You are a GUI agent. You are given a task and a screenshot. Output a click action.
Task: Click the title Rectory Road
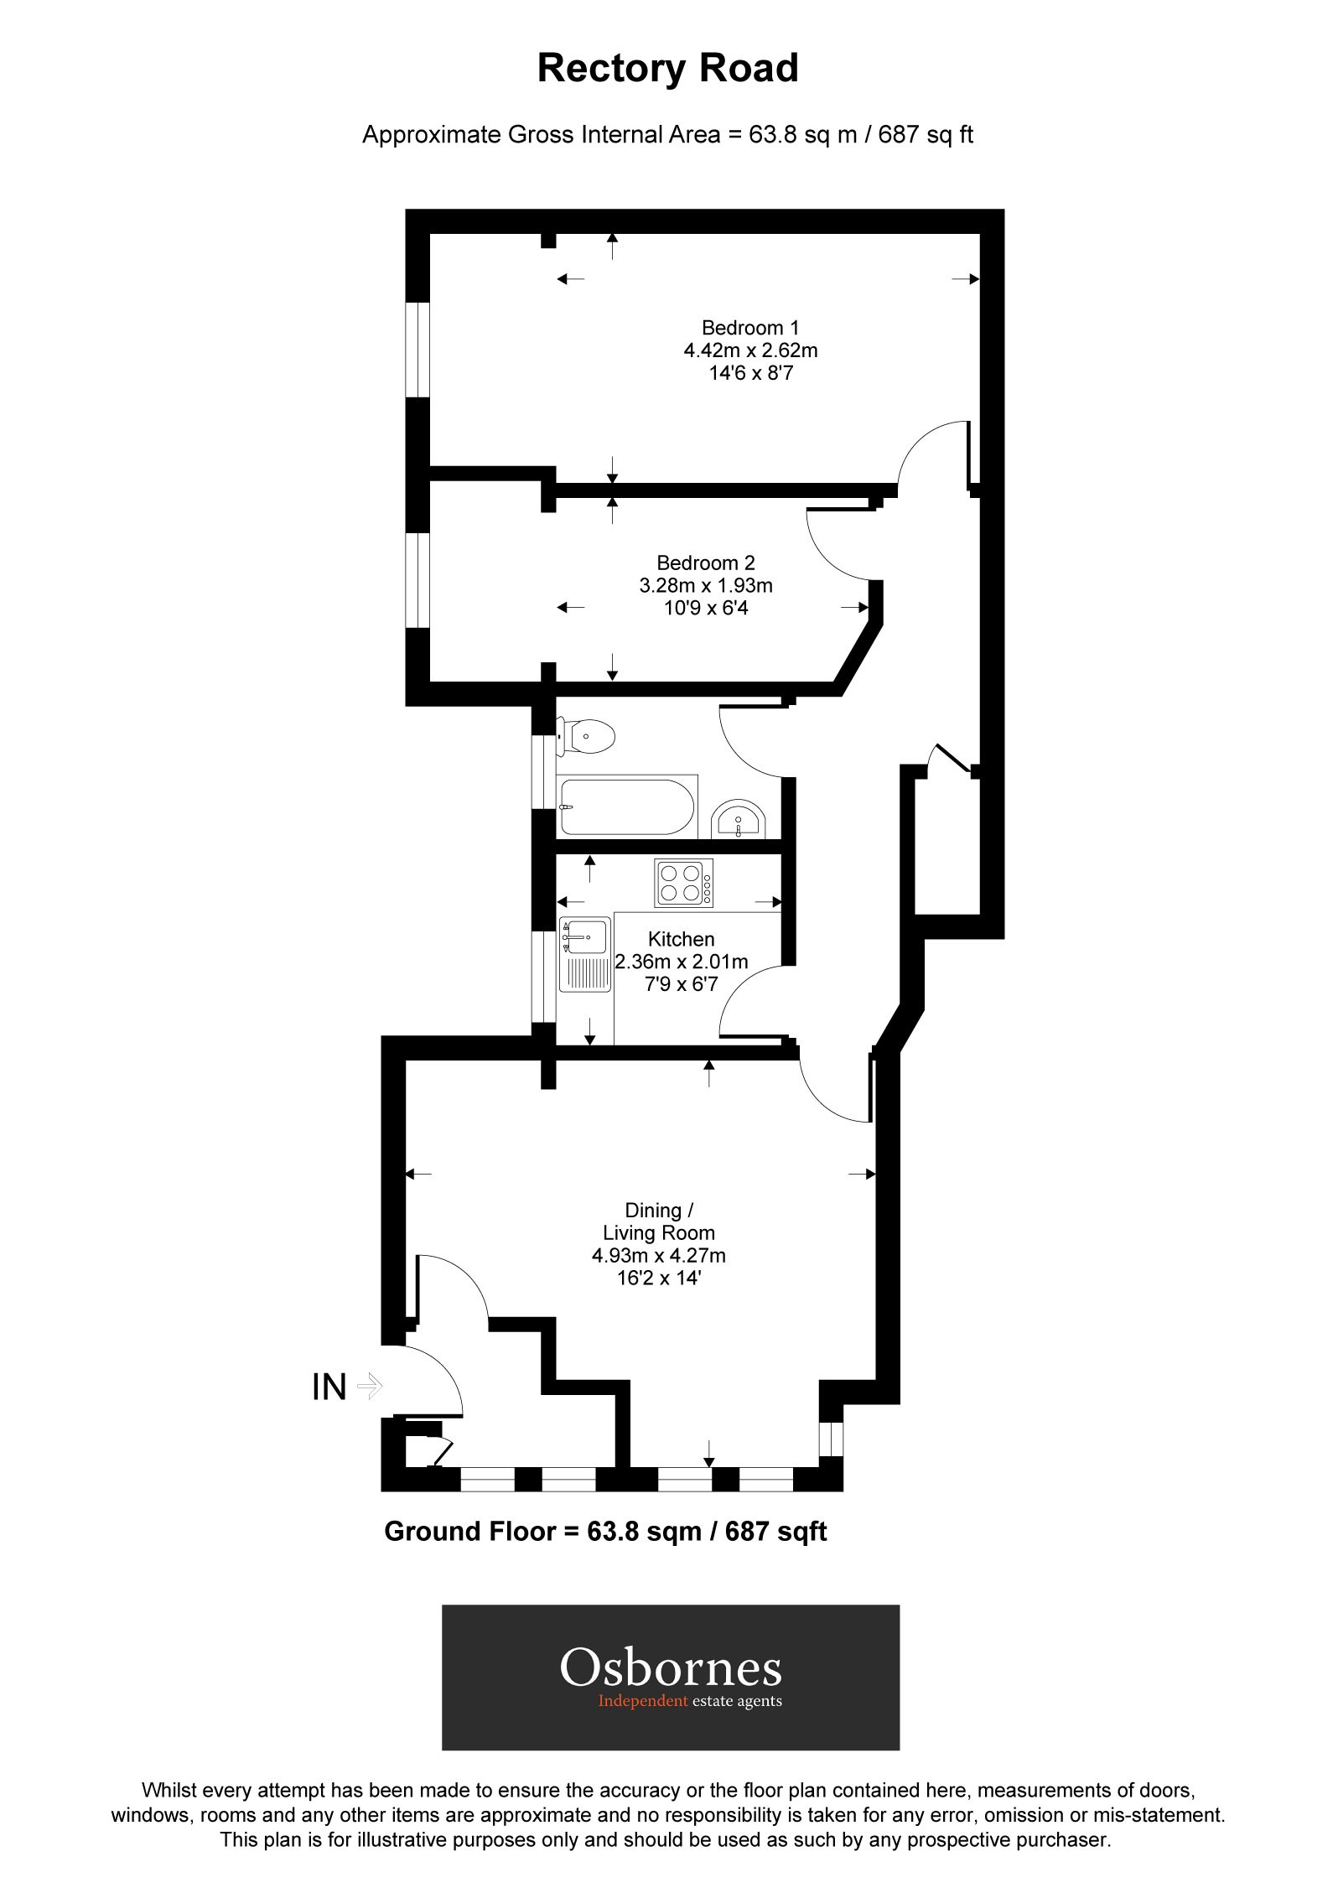668,69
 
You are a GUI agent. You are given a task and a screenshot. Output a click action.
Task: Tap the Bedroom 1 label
750,328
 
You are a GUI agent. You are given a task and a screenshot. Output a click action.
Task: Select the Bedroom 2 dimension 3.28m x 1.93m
706,585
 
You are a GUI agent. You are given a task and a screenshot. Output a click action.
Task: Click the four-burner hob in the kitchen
684,883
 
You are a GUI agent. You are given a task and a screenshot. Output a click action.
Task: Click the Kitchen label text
681,939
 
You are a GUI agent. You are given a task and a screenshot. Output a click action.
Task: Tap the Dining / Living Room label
659,1221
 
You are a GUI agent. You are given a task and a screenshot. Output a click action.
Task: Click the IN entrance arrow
369,1386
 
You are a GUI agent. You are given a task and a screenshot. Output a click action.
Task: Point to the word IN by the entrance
329,1387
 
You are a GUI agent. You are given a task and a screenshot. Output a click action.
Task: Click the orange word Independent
643,1701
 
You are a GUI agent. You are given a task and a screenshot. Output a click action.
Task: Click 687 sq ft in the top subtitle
926,135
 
